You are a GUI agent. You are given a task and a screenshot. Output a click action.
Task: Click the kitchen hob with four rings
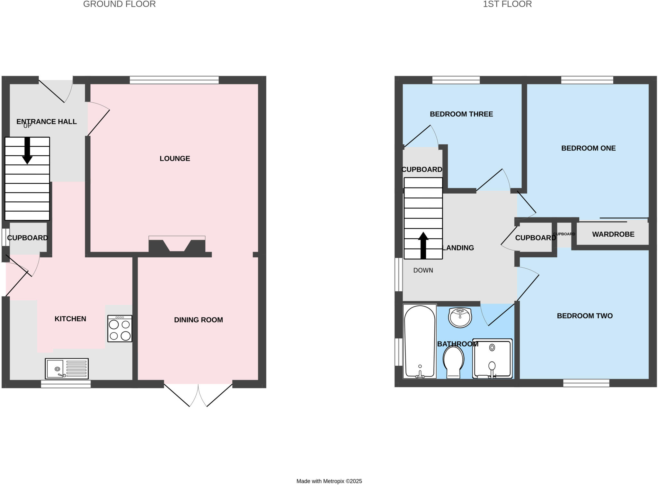point(120,328)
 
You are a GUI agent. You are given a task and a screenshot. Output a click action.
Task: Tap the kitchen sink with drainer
point(67,369)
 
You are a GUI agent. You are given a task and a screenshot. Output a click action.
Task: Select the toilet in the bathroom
point(453,361)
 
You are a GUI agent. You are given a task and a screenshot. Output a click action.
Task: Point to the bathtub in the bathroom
point(420,341)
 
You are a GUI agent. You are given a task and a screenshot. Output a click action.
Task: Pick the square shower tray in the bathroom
point(492,358)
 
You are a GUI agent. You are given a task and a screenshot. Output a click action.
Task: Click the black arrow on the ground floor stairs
point(27,151)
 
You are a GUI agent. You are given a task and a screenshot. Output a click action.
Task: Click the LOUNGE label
point(175,159)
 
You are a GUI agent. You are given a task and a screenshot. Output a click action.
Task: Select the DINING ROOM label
point(198,320)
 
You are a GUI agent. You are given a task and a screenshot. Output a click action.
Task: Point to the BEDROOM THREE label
point(461,114)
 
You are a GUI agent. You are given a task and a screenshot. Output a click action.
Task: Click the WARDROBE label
point(613,234)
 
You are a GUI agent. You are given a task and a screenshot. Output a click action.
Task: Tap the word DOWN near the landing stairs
point(423,270)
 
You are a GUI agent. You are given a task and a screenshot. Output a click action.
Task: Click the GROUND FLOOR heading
point(119,4)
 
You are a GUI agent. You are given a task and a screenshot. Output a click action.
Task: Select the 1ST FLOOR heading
point(507,4)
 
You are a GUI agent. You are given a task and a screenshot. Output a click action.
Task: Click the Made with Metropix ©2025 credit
point(329,481)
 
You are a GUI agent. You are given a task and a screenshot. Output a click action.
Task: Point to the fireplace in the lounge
point(177,246)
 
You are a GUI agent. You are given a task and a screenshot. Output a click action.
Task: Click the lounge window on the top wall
point(174,80)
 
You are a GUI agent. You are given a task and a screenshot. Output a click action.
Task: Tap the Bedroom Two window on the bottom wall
point(586,383)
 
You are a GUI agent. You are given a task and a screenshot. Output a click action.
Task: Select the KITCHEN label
point(70,319)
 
